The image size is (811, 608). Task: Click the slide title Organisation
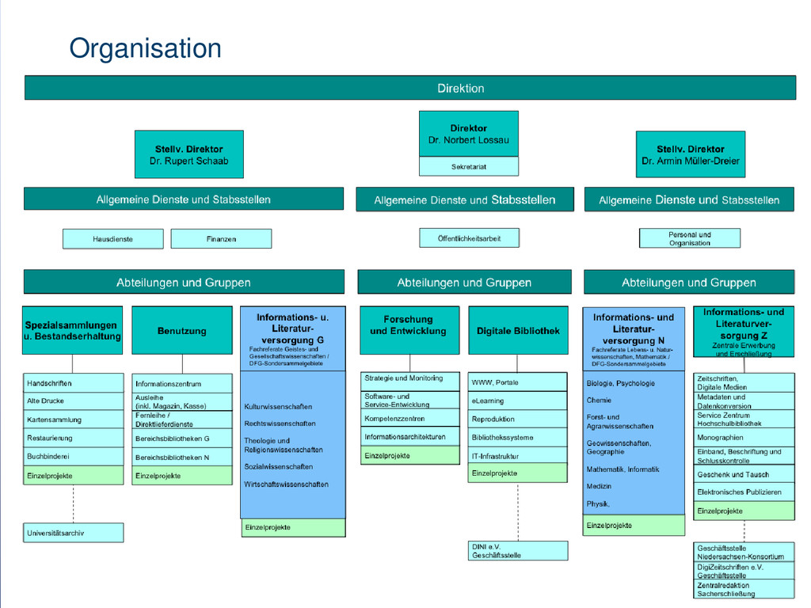coord(145,49)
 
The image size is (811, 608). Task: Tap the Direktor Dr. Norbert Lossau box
coord(468,134)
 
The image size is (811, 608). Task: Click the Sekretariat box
coord(468,167)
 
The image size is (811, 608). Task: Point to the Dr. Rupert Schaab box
coord(188,154)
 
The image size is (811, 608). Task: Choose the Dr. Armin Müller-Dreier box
coord(690,154)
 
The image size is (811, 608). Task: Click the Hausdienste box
coord(112,238)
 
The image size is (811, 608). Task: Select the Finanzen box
coord(221,238)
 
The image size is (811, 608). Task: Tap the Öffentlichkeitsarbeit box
coord(469,237)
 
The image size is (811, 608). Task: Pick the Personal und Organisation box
coord(689,238)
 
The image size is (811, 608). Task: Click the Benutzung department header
coord(181,331)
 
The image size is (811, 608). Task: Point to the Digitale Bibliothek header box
coord(518,331)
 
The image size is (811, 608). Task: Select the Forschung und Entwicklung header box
coord(409,325)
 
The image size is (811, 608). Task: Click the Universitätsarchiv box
coord(74,533)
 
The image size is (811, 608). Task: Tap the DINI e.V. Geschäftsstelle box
coord(518,551)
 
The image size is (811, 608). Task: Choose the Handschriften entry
coord(74,383)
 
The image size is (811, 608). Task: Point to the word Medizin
coord(599,486)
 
